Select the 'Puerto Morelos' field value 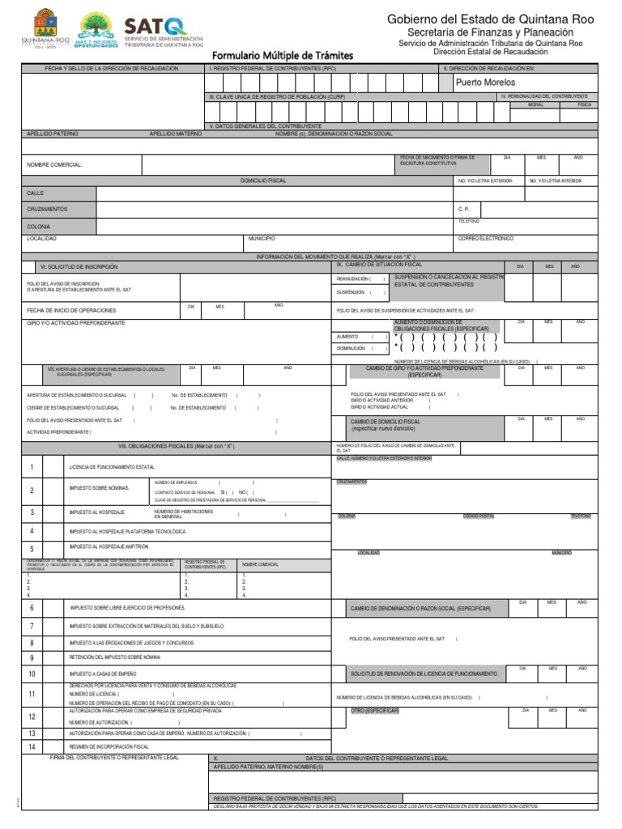tap(485, 83)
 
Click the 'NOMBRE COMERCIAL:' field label tap(54, 164)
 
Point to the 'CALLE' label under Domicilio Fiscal tap(36, 193)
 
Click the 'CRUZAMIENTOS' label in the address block tap(47, 209)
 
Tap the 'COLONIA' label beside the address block tap(39, 227)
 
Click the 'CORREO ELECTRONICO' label tap(485, 239)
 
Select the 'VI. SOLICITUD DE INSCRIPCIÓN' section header tap(79, 266)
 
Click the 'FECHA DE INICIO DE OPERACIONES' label tap(70, 310)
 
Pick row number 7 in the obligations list tap(32, 627)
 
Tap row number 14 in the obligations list tap(32, 746)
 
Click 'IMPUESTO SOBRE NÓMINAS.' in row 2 tap(99, 488)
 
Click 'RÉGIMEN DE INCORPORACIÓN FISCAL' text tap(109, 746)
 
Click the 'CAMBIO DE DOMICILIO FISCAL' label tap(385, 422)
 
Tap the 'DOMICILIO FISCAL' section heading tap(265, 181)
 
